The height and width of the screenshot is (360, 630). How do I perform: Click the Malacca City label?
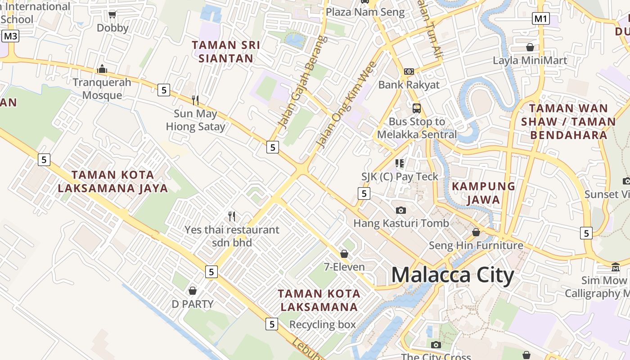point(452,275)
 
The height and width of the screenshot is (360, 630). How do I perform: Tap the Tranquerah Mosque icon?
point(102,69)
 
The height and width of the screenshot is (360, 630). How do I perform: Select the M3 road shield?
point(10,36)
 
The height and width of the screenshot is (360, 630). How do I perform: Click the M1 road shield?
point(540,18)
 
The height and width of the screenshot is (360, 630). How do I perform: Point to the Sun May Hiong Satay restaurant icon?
point(195,100)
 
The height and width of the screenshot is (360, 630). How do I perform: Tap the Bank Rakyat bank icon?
point(409,71)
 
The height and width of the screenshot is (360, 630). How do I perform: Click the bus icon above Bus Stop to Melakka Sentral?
point(417,108)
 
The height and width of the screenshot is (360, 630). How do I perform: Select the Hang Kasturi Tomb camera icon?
point(400,210)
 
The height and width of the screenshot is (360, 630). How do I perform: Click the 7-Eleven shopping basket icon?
point(344,254)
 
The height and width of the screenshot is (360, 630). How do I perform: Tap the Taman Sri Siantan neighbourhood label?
point(226,52)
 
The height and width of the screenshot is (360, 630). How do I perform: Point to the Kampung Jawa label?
point(483,193)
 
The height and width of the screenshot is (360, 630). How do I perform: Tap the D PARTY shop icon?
point(193,291)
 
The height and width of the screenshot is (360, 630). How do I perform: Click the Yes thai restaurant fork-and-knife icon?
point(232,216)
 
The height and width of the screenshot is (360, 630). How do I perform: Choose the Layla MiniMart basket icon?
point(530,47)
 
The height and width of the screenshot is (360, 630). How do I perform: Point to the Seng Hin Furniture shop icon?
point(476,232)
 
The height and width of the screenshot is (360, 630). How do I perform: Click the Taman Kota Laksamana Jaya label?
point(112,181)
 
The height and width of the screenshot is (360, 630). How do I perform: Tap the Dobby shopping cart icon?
point(112,15)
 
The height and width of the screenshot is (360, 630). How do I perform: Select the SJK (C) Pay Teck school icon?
point(400,163)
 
